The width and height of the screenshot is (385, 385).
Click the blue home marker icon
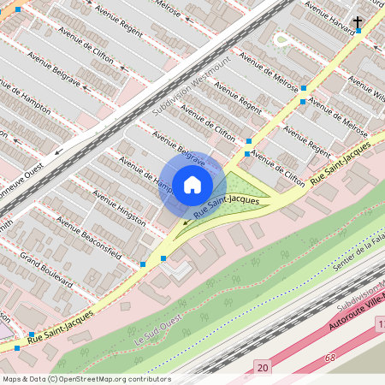click(x=192, y=183)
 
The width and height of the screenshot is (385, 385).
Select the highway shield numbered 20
click(x=261, y=367)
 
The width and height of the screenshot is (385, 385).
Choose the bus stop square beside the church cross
click(x=358, y=32)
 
